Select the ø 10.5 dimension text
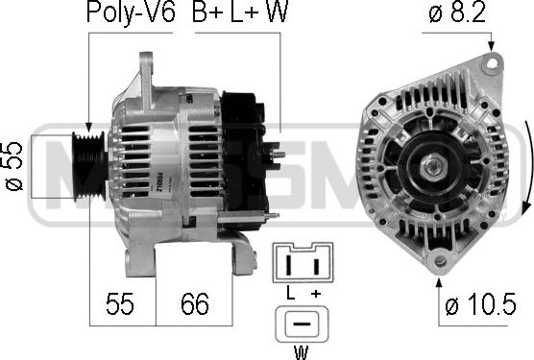[x=480, y=306]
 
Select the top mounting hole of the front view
[x=492, y=62]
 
